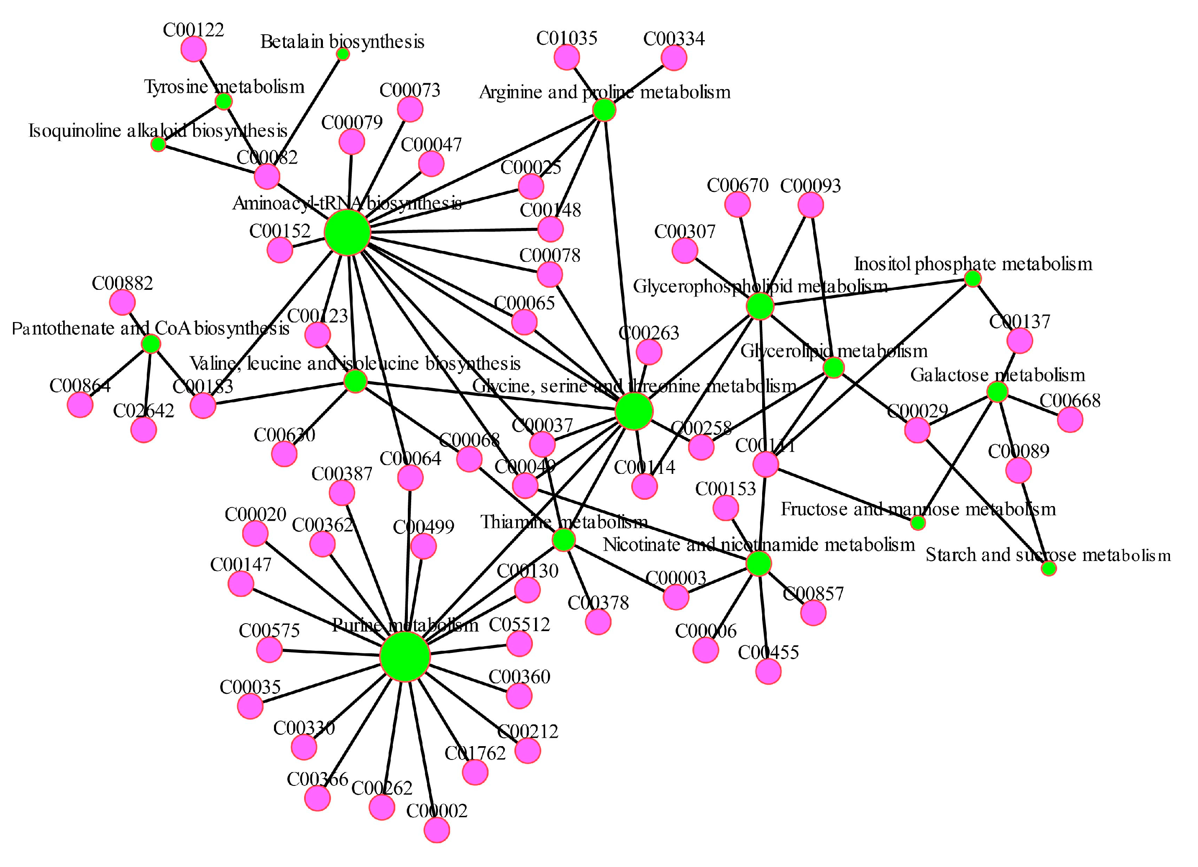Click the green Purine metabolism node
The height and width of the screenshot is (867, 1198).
point(404,656)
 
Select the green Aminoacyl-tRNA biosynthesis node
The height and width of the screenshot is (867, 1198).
point(347,232)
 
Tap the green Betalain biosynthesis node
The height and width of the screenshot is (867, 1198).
point(343,54)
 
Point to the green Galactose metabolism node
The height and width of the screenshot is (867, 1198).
point(997,392)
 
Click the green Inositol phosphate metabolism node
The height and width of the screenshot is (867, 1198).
point(973,278)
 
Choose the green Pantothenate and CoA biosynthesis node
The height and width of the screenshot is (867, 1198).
point(151,344)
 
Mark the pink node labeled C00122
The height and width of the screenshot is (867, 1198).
point(193,50)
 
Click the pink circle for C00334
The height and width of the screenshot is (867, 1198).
point(674,58)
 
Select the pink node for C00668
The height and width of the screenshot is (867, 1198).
point(1070,420)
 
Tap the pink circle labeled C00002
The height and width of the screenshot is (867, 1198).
point(437,830)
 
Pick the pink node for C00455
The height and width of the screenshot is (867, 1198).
point(768,672)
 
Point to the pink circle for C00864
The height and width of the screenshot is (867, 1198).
point(80,405)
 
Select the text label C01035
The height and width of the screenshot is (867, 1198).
point(567,38)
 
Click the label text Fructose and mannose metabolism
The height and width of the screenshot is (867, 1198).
point(918,509)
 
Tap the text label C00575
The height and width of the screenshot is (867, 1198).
point(269,630)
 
